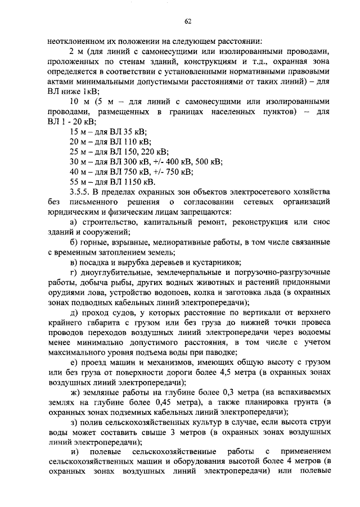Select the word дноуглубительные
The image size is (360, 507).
point(116,273)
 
